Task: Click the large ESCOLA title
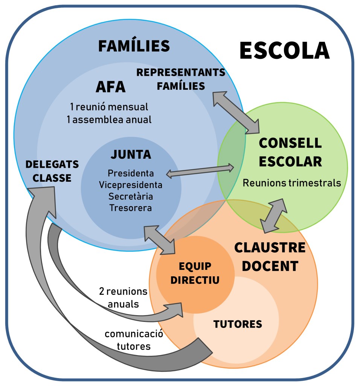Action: point(284,51)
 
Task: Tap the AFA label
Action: point(110,87)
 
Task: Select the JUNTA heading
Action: point(131,155)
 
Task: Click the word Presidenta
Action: point(131,173)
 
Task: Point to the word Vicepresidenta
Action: point(131,185)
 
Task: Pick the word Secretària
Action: point(131,196)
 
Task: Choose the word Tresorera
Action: point(131,208)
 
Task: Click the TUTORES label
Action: point(238,324)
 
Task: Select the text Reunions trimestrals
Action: point(292,183)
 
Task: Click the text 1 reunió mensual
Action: point(109,107)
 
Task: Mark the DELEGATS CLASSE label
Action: point(52,171)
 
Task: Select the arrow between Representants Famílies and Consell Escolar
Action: point(236,112)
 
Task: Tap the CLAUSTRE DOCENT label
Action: point(270,257)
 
